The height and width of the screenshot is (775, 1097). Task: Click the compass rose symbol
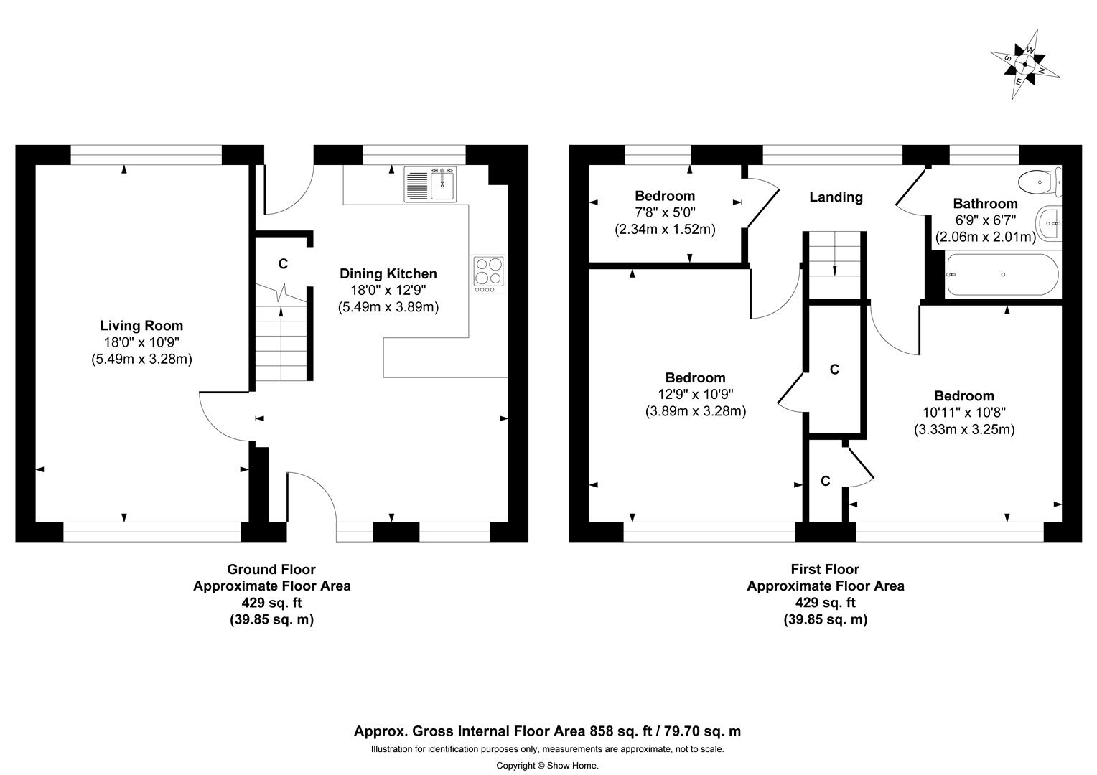[1024, 65]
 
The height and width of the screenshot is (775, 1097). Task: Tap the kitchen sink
[430, 184]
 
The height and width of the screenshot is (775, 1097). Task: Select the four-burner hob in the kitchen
[488, 274]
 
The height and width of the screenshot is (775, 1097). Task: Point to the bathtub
[1002, 276]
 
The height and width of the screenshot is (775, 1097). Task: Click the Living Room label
[141, 326]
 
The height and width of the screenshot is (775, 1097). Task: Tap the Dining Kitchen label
[388, 273]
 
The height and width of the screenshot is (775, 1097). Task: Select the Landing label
[836, 197]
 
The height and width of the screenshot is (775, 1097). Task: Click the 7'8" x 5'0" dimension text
[665, 212]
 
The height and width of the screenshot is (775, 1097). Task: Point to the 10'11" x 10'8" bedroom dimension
[963, 413]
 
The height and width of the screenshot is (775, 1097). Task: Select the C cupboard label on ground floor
[283, 264]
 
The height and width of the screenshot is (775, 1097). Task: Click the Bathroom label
[985, 204]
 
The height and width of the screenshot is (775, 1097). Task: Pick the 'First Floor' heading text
[825, 569]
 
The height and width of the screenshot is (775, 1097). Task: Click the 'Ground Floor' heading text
[271, 569]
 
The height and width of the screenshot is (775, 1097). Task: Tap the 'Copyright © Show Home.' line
[547, 766]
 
